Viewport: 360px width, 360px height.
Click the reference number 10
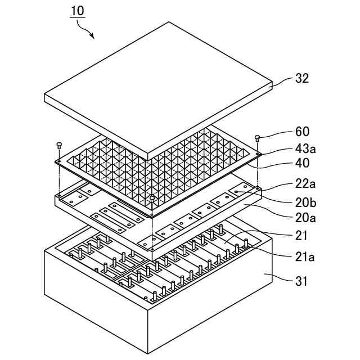pos(78,10)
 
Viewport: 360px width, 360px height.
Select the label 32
pos(302,79)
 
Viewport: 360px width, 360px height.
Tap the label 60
pos(302,133)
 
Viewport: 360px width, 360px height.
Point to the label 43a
pos(306,148)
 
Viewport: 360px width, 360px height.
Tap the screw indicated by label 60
pos(258,137)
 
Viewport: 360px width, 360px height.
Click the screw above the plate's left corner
pos(59,145)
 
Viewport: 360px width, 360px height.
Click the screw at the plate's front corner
pos(152,197)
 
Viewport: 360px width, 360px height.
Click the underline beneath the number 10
pos(78,18)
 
